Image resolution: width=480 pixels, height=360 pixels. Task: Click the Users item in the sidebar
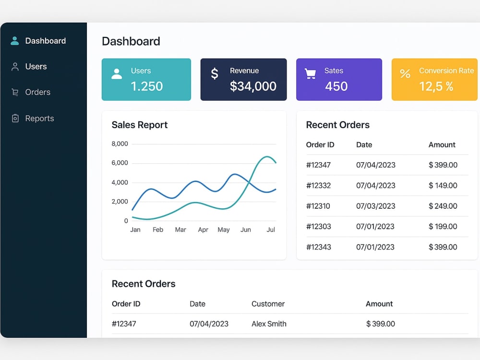[36, 66]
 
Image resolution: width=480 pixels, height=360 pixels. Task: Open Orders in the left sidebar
[37, 92]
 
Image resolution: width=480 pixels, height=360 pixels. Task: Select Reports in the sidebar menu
[39, 119]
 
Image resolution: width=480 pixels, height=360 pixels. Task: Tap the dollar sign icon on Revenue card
[215, 73]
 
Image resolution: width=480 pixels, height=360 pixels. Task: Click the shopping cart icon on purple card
[310, 73]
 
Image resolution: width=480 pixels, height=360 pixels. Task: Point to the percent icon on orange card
[405, 73]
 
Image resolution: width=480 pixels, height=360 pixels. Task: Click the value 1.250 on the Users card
[146, 86]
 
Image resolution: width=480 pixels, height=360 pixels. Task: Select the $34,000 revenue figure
[253, 86]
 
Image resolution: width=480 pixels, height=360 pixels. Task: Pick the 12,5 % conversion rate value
[436, 86]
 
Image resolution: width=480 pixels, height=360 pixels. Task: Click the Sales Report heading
[140, 125]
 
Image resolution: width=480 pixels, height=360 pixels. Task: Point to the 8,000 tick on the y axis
[120, 144]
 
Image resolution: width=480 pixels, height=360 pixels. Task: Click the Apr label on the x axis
[203, 229]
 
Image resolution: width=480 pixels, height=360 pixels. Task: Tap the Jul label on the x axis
[271, 229]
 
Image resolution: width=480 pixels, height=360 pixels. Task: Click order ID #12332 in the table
[318, 185]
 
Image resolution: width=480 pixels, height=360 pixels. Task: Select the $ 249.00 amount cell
[443, 206]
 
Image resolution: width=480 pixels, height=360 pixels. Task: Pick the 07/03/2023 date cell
[376, 206]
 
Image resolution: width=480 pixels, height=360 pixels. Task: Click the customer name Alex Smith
[269, 324]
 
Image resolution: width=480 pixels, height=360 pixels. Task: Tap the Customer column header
[268, 304]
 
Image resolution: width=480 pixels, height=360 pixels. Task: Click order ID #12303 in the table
[318, 227]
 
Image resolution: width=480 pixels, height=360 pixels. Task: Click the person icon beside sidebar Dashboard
[15, 41]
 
